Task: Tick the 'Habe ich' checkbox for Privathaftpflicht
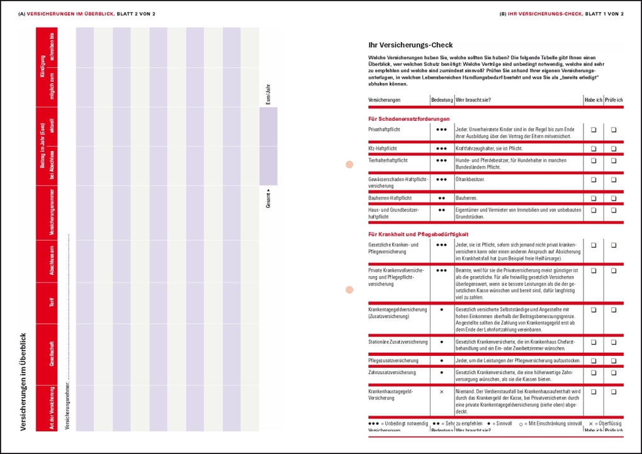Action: (593, 130)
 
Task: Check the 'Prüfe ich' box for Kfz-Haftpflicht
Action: (614, 149)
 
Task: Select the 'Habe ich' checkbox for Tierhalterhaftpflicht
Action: (593, 160)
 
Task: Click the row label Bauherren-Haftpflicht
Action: (390, 198)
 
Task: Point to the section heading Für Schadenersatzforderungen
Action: (408, 119)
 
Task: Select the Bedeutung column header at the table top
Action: (441, 100)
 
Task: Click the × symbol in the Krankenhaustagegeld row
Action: (441, 392)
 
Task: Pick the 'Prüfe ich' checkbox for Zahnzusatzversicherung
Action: (614, 373)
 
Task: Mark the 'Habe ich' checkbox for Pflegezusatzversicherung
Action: (593, 361)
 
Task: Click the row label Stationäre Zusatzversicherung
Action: (398, 342)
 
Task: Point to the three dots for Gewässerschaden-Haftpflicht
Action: (441, 179)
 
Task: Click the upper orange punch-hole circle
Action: (349, 165)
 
